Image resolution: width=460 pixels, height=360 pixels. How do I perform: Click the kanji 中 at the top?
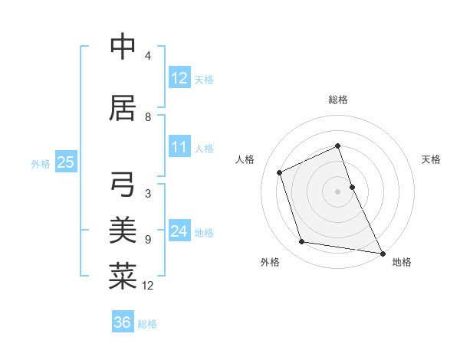coord(123,47)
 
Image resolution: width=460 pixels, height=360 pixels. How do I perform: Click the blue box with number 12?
coord(179,78)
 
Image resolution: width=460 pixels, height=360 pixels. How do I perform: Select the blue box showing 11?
coord(179,148)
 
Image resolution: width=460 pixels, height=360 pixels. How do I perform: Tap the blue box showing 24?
coord(179,231)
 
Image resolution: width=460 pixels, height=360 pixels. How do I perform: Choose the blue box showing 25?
coord(65,162)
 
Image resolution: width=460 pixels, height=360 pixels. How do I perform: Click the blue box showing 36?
coord(123,322)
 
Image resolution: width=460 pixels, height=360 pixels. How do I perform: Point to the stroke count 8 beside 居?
coord(148,117)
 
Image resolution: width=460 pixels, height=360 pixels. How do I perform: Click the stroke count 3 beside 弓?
coord(148,194)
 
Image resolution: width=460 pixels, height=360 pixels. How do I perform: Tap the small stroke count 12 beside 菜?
coord(148,286)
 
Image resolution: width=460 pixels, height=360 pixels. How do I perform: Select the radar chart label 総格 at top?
coord(338,100)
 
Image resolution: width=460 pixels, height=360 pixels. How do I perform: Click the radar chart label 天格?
coord(431,159)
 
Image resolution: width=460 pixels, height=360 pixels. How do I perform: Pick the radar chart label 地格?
coord(402,262)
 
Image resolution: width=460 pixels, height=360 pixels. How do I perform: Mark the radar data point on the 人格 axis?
coord(280,172)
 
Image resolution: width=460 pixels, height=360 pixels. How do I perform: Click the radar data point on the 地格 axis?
coord(382,253)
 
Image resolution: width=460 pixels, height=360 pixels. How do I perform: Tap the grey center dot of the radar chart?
coord(338,191)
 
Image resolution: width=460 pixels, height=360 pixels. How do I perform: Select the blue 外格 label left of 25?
coord(41,163)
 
